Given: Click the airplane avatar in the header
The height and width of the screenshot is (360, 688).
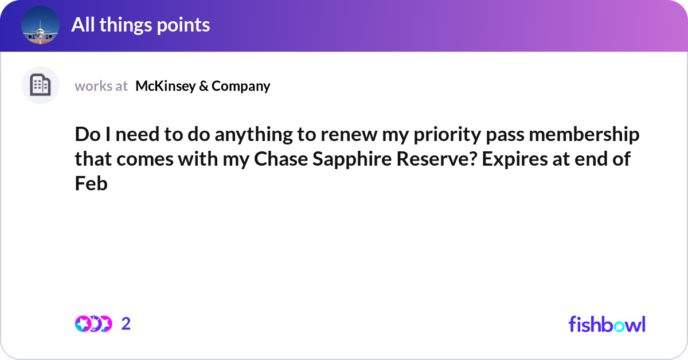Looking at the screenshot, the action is pyautogui.click(x=40, y=25).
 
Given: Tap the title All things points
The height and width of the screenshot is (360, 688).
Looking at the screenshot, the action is pyautogui.click(x=140, y=25).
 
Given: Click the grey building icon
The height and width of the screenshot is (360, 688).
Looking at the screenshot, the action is pyautogui.click(x=40, y=85).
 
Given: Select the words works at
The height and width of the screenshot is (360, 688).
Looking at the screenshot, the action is pyautogui.click(x=101, y=86).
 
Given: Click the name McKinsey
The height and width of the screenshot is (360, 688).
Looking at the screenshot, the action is pyautogui.click(x=166, y=86).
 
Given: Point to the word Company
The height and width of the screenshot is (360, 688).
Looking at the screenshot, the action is pyautogui.click(x=241, y=87).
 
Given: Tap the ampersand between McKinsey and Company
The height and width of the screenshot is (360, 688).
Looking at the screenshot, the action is pyautogui.click(x=204, y=86).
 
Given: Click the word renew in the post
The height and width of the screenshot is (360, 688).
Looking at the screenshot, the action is pyautogui.click(x=349, y=135).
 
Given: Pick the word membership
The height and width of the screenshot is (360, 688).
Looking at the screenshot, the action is pyautogui.click(x=584, y=135).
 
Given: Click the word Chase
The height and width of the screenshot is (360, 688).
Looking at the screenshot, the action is pyautogui.click(x=281, y=159).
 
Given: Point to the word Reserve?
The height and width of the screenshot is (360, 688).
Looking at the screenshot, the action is pyautogui.click(x=436, y=159).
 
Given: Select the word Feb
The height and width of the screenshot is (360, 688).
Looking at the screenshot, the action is pyautogui.click(x=91, y=183).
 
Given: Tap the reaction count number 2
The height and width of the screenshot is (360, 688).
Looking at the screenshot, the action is pyautogui.click(x=126, y=324).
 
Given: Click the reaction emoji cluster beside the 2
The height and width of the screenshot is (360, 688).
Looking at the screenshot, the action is pyautogui.click(x=93, y=324).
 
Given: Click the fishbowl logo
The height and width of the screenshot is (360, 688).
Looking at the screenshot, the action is pyautogui.click(x=607, y=324).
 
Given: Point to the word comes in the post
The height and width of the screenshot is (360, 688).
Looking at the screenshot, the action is pyautogui.click(x=145, y=160).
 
